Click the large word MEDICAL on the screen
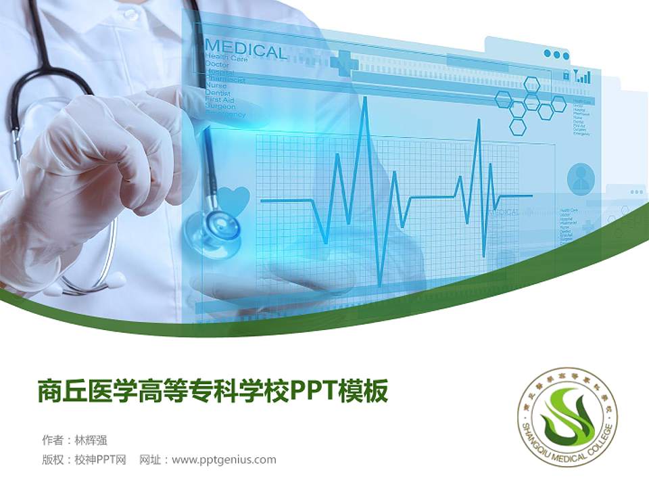tap(245, 51)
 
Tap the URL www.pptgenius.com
tap(224, 460)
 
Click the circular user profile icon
tap(581, 177)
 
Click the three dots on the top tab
tap(556, 54)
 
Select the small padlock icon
tap(565, 76)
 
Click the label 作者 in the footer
tap(51, 440)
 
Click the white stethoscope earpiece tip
tap(114, 279)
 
